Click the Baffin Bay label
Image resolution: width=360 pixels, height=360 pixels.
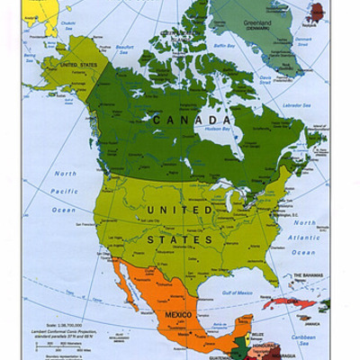click(x=225, y=42)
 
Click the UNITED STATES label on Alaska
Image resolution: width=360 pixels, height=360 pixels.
click(x=79, y=66)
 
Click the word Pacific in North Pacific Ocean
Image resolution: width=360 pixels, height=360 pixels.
click(x=65, y=191)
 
